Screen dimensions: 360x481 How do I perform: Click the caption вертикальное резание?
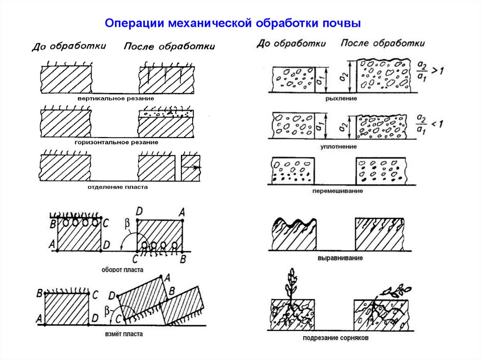(x=116, y=99)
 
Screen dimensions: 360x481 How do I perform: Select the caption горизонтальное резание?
(x=116, y=142)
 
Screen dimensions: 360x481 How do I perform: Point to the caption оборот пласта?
(x=122, y=270)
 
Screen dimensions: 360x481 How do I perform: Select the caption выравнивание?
(x=339, y=259)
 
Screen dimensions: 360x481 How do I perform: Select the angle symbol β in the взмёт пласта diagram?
(x=108, y=309)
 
